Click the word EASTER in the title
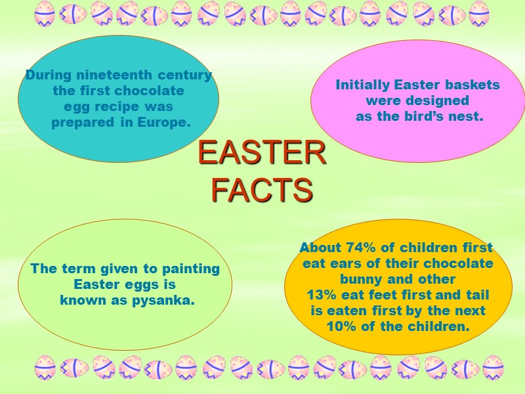pos(262,154)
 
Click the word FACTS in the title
pos(262,190)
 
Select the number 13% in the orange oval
pos(321,295)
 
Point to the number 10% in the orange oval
pos(341,326)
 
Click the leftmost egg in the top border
pos(44,13)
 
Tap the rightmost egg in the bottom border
pos(493,368)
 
